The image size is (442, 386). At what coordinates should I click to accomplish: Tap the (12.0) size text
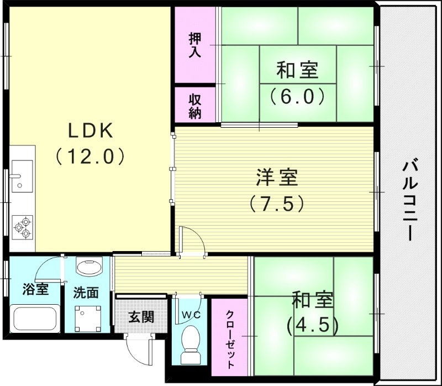tap(92, 157)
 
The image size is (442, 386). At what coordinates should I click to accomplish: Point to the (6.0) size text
tap(297, 96)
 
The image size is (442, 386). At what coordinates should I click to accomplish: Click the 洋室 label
tap(277, 178)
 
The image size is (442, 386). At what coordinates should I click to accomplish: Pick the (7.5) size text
tap(276, 204)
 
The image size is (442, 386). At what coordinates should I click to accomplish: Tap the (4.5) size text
tap(312, 324)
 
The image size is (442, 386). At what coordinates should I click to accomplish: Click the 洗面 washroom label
tap(86, 292)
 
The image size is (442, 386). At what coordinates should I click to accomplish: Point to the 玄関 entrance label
tap(141, 317)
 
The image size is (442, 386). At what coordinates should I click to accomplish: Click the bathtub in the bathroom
tap(34, 319)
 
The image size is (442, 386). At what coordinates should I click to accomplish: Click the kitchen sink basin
tap(22, 174)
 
